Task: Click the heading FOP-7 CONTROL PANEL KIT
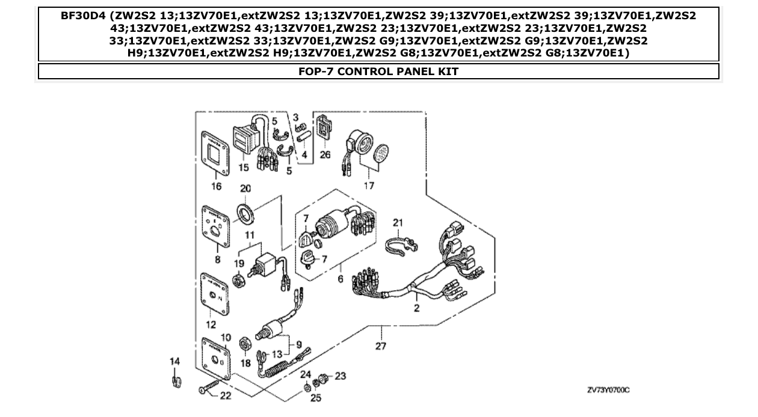[378, 72]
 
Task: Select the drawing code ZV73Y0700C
[608, 391]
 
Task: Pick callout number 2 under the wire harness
[416, 308]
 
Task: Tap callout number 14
[174, 361]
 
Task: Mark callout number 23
[340, 376]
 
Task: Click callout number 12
[211, 324]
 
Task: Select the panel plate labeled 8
[215, 228]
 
